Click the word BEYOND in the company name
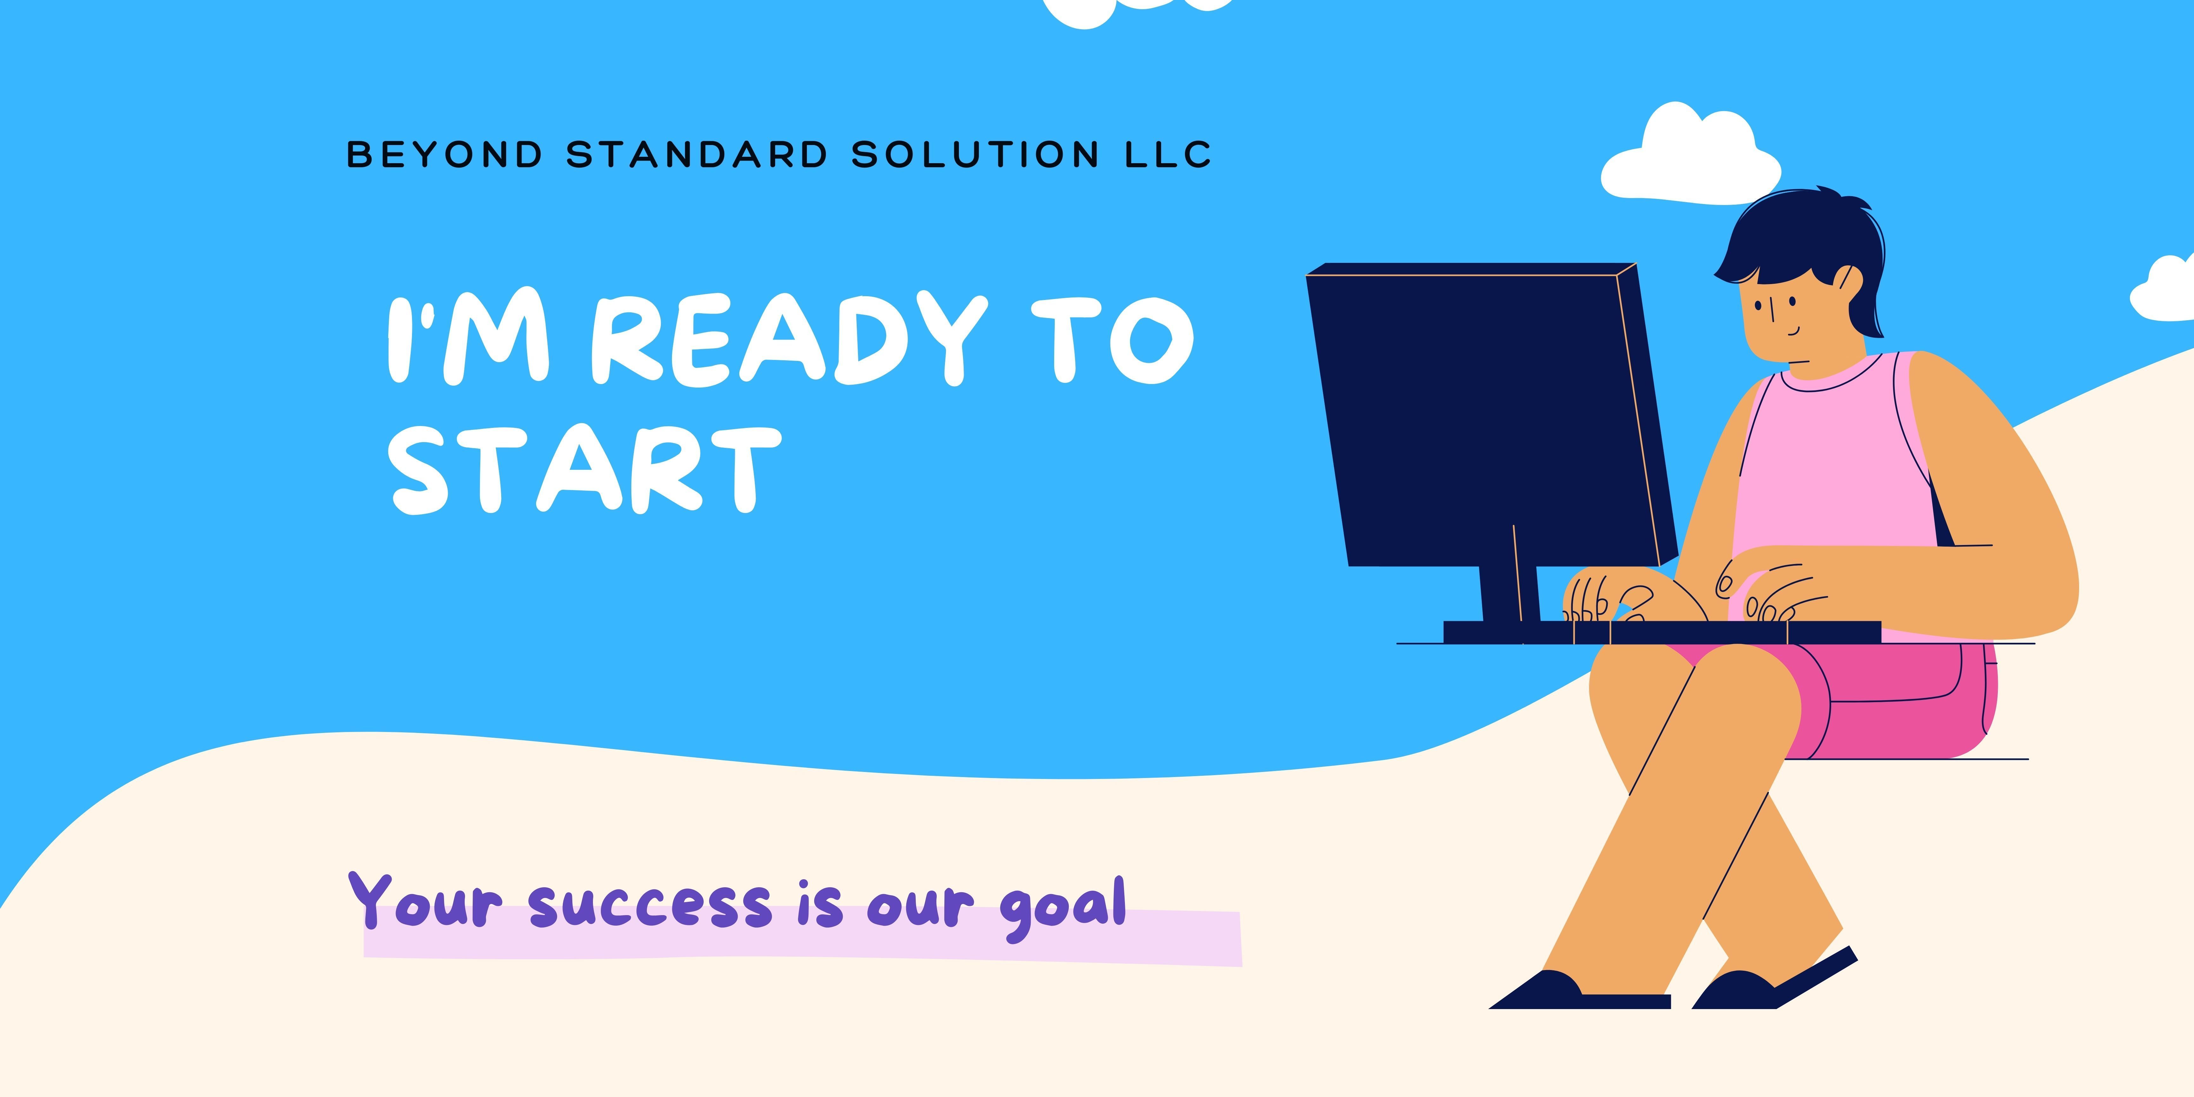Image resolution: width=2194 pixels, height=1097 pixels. pyautogui.click(x=445, y=154)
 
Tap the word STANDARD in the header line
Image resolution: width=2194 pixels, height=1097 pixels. pyautogui.click(x=697, y=154)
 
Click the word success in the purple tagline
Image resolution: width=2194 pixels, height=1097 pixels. pyautogui.click(x=650, y=905)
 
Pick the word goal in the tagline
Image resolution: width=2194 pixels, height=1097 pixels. pyautogui.click(x=1063, y=907)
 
